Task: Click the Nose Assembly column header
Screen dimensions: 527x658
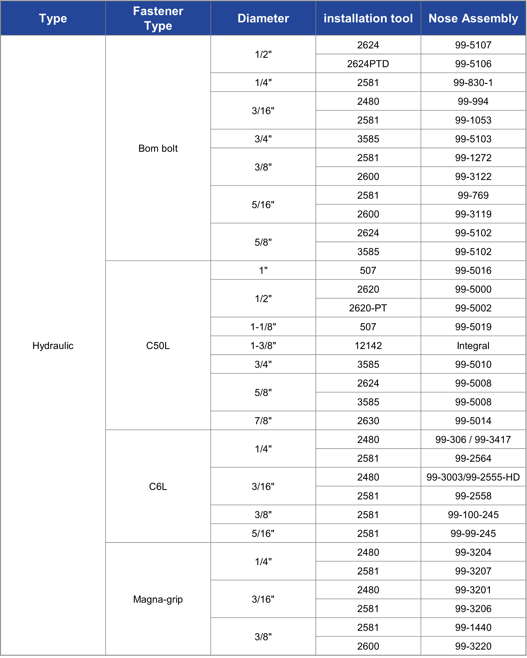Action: (x=473, y=18)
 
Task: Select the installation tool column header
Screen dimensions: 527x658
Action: (x=368, y=18)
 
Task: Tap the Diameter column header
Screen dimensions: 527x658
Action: (x=263, y=18)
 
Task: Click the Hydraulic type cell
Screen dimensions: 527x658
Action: (x=53, y=345)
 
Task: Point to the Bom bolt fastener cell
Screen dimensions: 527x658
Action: (x=158, y=148)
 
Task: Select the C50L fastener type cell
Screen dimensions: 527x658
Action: (x=158, y=345)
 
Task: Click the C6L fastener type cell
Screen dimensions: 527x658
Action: (x=158, y=486)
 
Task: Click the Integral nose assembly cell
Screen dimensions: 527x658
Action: (x=473, y=345)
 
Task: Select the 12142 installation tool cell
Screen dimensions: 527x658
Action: (x=368, y=345)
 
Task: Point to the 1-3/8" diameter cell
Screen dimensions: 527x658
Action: (x=263, y=345)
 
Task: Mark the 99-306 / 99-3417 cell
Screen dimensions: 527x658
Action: (x=473, y=439)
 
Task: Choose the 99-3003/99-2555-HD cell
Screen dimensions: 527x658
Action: (x=473, y=477)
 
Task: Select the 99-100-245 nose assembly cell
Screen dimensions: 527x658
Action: (x=473, y=515)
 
